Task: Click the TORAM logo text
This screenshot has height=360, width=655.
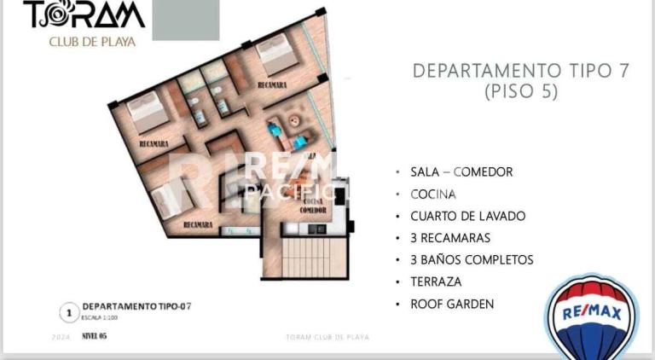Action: click(x=84, y=15)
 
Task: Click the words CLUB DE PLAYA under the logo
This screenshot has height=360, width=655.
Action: click(x=92, y=41)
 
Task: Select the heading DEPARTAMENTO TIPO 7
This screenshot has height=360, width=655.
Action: click(x=520, y=71)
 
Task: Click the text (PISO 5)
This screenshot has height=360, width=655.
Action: click(x=520, y=92)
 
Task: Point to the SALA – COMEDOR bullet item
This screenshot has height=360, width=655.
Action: click(x=461, y=171)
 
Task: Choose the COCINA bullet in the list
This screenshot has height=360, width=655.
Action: click(x=433, y=194)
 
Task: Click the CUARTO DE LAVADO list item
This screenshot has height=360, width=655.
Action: click(x=467, y=216)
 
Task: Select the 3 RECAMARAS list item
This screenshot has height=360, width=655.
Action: click(x=450, y=238)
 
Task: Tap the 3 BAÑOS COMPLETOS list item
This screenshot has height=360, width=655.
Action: click(x=472, y=259)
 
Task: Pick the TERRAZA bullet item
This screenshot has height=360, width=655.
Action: click(x=436, y=282)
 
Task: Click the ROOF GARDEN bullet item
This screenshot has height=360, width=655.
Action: click(x=452, y=304)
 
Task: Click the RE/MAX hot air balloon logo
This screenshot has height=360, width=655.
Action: click(x=591, y=316)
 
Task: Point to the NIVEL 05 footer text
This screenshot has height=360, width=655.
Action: click(x=94, y=336)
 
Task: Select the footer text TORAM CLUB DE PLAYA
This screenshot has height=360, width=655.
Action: click(x=327, y=337)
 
